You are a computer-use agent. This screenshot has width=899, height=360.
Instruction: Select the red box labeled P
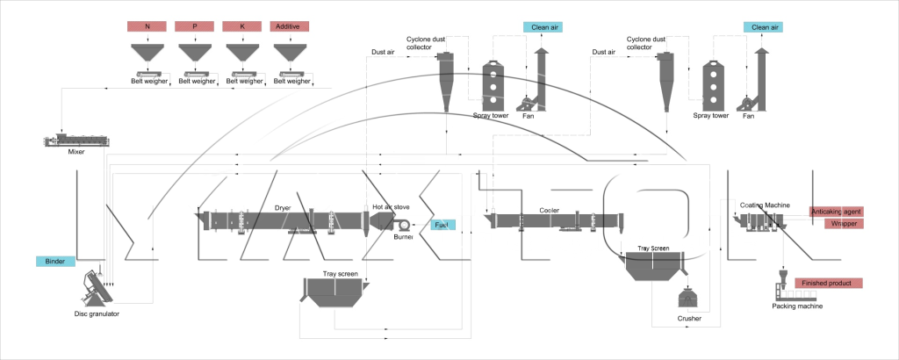(x=194, y=26)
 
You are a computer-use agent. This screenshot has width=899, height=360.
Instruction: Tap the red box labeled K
(x=241, y=26)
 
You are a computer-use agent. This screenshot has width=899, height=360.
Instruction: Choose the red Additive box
(x=289, y=26)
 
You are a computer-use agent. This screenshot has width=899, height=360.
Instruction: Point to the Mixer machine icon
(x=82, y=140)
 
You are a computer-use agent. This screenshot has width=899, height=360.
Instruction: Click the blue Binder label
(x=56, y=261)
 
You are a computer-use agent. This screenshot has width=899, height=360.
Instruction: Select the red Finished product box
(x=828, y=283)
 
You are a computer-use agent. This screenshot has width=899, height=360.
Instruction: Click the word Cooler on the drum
(x=550, y=211)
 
